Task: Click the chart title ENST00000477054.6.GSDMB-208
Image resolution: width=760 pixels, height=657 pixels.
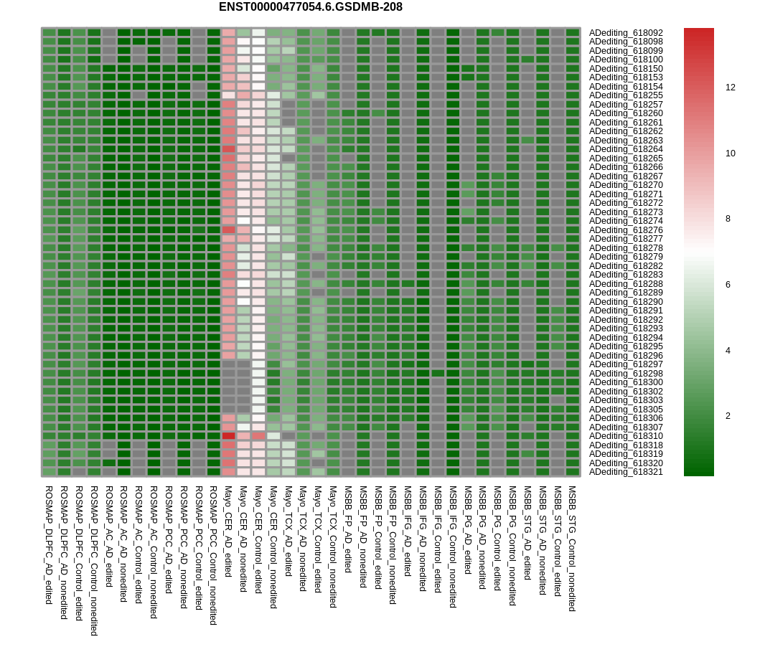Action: pos(310,7)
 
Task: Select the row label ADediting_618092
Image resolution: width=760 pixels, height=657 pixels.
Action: pos(626,32)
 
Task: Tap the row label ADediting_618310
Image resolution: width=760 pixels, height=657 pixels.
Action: pos(626,436)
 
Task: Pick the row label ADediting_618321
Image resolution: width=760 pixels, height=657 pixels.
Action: pos(626,472)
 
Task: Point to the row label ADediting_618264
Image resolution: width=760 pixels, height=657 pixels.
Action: pos(626,149)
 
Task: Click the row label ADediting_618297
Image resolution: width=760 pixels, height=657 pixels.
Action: pos(626,364)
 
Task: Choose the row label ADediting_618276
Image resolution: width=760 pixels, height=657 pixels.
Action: pos(626,230)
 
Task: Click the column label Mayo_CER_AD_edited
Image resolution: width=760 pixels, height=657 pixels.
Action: pos(228,527)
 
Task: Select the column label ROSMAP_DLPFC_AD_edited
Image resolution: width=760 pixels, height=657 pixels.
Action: pos(49,544)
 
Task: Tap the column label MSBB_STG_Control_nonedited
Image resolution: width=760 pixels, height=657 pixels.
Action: pos(572,548)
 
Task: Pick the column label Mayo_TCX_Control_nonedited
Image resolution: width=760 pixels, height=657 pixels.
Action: pos(333,547)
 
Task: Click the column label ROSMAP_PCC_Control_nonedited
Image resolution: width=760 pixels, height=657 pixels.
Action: pos(213,555)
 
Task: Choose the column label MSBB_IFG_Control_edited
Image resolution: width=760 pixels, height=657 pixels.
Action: pos(438,539)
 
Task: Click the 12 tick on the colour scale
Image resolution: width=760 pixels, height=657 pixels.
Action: pos(730,88)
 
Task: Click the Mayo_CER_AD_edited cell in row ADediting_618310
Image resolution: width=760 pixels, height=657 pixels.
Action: pos(228,436)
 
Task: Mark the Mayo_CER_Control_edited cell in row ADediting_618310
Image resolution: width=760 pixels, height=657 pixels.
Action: pos(258,436)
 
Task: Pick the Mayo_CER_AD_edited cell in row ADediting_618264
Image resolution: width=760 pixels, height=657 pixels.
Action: pos(228,149)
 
